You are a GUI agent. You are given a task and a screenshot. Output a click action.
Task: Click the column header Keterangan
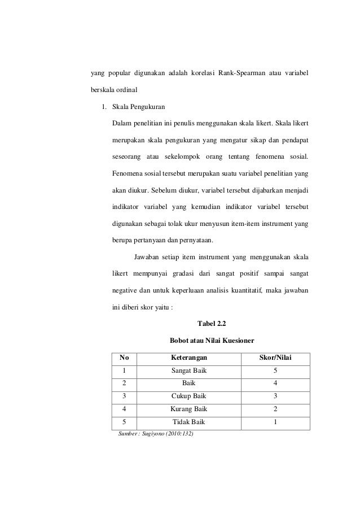pos(188,358)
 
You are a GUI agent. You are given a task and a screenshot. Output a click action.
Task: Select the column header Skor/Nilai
pos(274,358)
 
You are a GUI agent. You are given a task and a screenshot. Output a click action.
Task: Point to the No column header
pos(124,358)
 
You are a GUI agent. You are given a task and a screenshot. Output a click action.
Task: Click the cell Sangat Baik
pos(188,370)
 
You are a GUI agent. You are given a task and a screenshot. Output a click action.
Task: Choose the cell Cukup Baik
pos(188,396)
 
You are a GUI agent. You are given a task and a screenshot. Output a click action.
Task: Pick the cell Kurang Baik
pos(188,409)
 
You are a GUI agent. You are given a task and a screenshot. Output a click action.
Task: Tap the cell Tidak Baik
pos(189,422)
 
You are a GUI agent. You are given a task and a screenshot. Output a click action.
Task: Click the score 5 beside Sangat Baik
pos(274,370)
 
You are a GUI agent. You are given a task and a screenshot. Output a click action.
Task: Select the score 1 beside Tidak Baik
pos(274,422)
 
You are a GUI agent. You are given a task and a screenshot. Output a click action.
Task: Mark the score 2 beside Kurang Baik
pos(274,409)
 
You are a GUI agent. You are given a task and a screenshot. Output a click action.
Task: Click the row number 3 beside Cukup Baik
pos(124,396)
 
